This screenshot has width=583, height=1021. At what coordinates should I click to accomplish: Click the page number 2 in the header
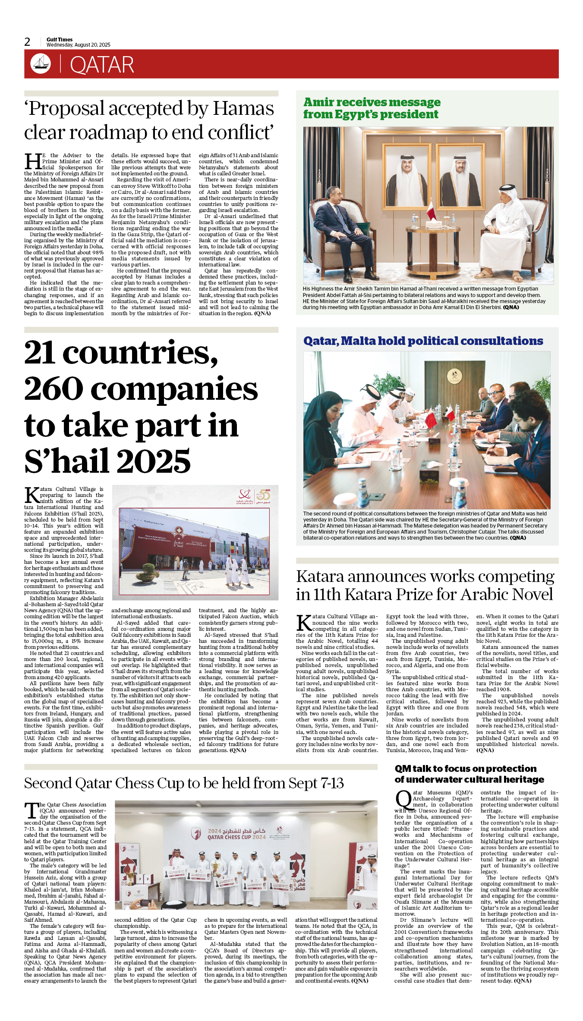coord(27,42)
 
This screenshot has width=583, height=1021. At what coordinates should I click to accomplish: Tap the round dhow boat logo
coord(41,64)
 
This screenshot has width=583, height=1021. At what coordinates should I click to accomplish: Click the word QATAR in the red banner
coord(102,65)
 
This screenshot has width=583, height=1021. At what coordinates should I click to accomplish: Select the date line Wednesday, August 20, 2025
coord(78,45)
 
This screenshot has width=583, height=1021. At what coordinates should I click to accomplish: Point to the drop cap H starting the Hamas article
coord(33,161)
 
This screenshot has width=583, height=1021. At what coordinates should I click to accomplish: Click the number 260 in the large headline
coord(54,389)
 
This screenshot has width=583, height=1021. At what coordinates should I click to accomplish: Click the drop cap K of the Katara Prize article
coord(304,623)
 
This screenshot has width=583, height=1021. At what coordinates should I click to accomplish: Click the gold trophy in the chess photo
coord(214,867)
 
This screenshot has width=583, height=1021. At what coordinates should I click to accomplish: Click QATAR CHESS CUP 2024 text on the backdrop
coord(236,837)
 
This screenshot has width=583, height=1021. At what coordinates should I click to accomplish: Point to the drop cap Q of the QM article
coord(403,800)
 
